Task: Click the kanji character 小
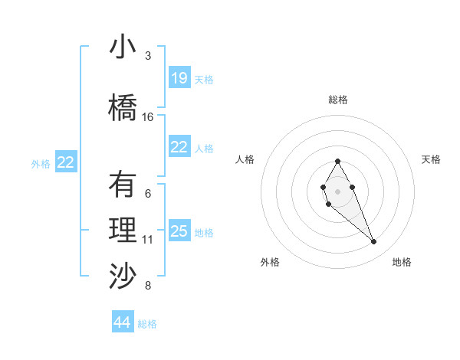pos(123,48)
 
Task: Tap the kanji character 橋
pos(123,107)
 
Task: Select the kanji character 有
pos(123,185)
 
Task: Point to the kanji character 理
pos(123,231)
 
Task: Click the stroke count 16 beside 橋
pos(148,117)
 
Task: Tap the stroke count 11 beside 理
pos(148,240)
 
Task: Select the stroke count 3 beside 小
pos(148,56)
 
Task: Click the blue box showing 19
pos(179,78)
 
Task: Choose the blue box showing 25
pos(179,231)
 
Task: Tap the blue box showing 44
pos(123,322)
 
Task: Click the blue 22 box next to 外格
pos(66,162)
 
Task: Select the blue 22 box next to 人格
pos(179,147)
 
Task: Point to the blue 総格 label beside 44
pos(147,324)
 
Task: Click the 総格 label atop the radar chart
pos(337,100)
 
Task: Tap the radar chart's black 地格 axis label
pos(402,262)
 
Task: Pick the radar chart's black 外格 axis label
pos(270,262)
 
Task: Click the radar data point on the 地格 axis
pos(374,242)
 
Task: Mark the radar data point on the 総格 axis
pos(337,161)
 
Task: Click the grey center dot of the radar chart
pos(337,191)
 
